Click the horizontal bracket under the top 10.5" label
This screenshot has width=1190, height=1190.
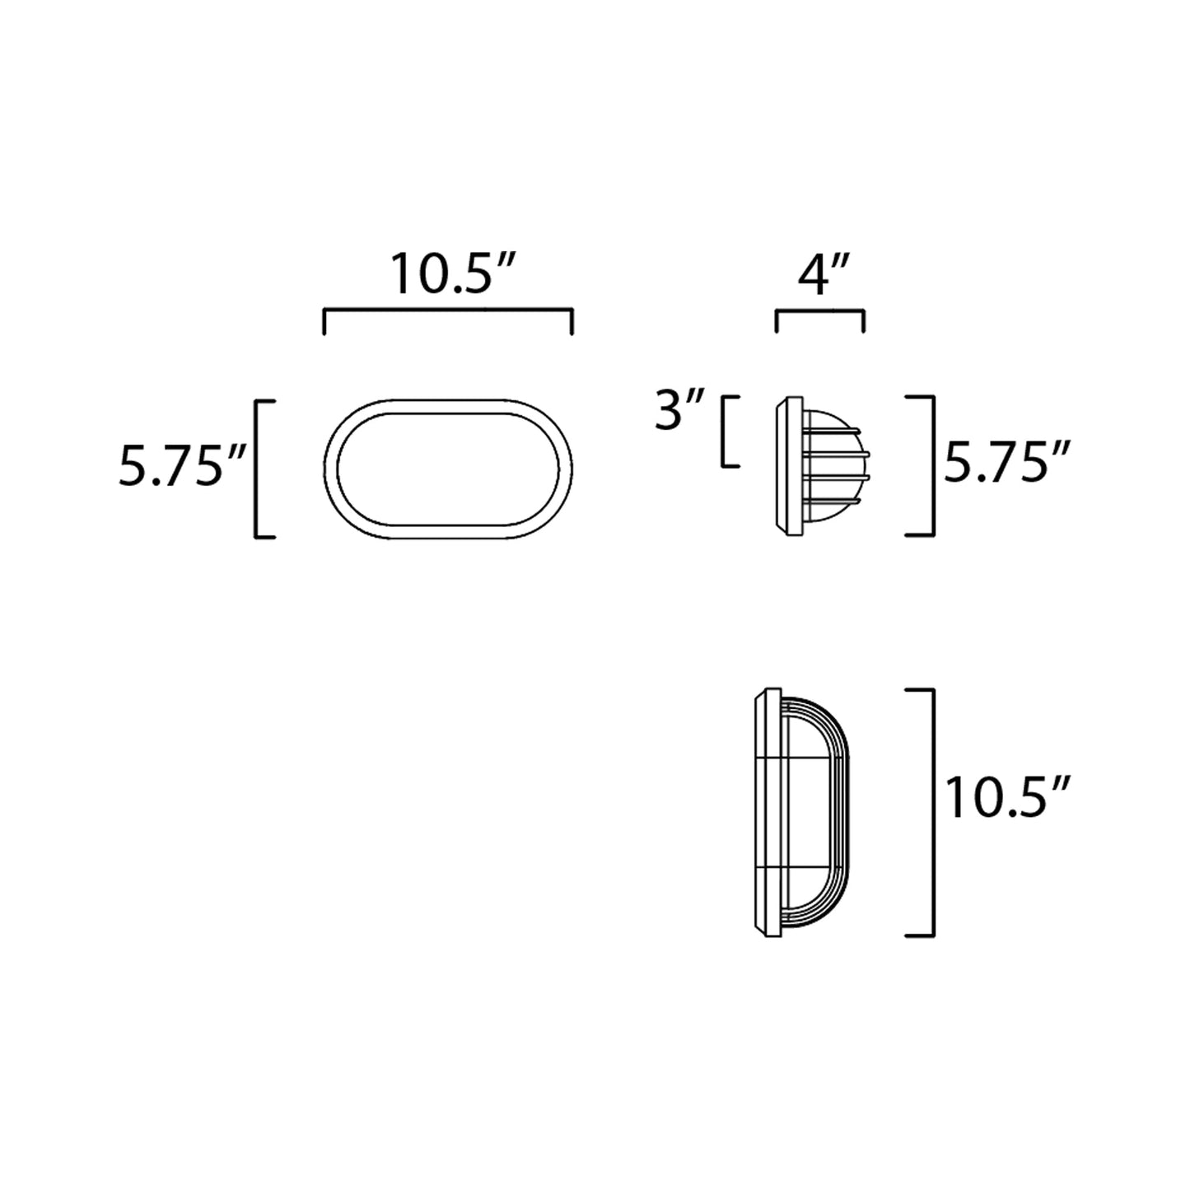pos(448,310)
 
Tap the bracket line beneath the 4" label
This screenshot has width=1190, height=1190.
pos(819,310)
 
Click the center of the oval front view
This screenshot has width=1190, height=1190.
pos(448,469)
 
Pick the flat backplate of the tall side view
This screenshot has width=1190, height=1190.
pos(768,812)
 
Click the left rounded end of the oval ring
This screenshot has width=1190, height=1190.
pos(331,469)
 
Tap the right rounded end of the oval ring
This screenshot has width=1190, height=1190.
pos(566,469)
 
